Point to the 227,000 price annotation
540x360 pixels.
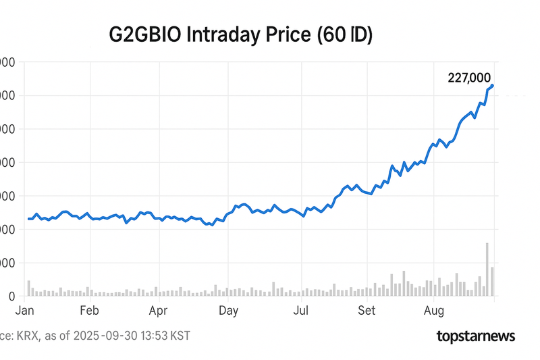(x=469, y=78)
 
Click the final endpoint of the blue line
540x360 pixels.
(x=493, y=85)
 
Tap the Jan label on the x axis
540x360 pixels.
(x=26, y=311)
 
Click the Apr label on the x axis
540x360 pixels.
(x=159, y=311)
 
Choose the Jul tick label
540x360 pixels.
(x=300, y=311)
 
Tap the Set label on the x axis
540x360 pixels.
(x=366, y=311)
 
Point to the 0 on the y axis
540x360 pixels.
(x=11, y=296)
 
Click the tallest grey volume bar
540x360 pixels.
(x=487, y=269)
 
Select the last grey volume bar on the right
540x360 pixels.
(x=493, y=281)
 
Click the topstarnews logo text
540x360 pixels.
(x=476, y=336)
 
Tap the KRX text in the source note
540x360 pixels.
(x=28, y=336)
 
